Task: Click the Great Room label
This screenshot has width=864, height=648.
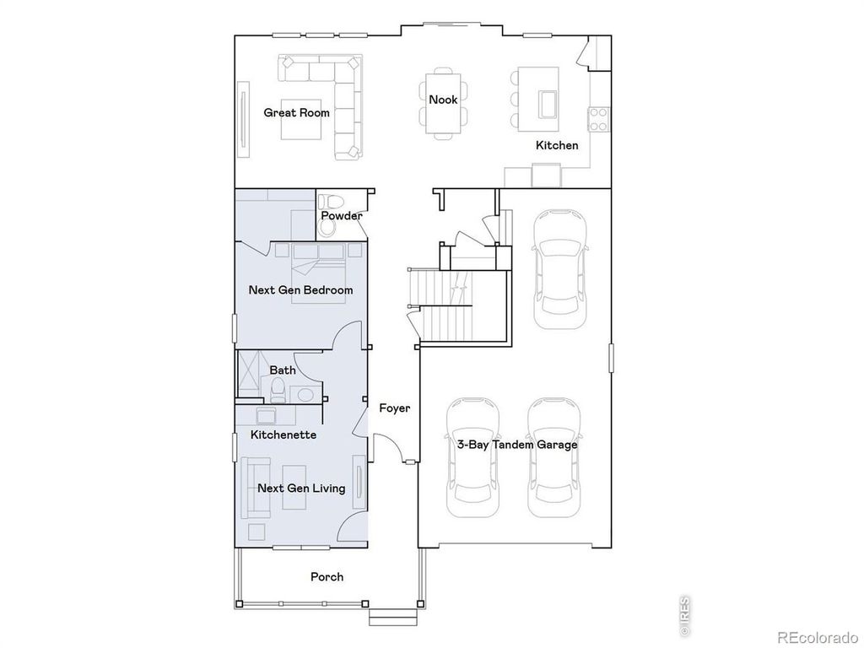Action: click(x=296, y=112)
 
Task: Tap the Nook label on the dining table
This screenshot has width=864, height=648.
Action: click(x=443, y=100)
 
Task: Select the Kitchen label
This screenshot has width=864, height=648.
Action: click(x=557, y=145)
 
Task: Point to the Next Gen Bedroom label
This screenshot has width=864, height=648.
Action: click(x=300, y=289)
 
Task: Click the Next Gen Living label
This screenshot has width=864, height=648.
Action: click(x=301, y=488)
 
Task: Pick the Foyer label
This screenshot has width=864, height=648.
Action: click(x=394, y=408)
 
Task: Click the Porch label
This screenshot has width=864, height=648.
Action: click(x=327, y=576)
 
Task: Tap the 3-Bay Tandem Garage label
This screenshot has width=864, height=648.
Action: click(x=517, y=444)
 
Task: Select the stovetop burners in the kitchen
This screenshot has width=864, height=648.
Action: click(x=598, y=118)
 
